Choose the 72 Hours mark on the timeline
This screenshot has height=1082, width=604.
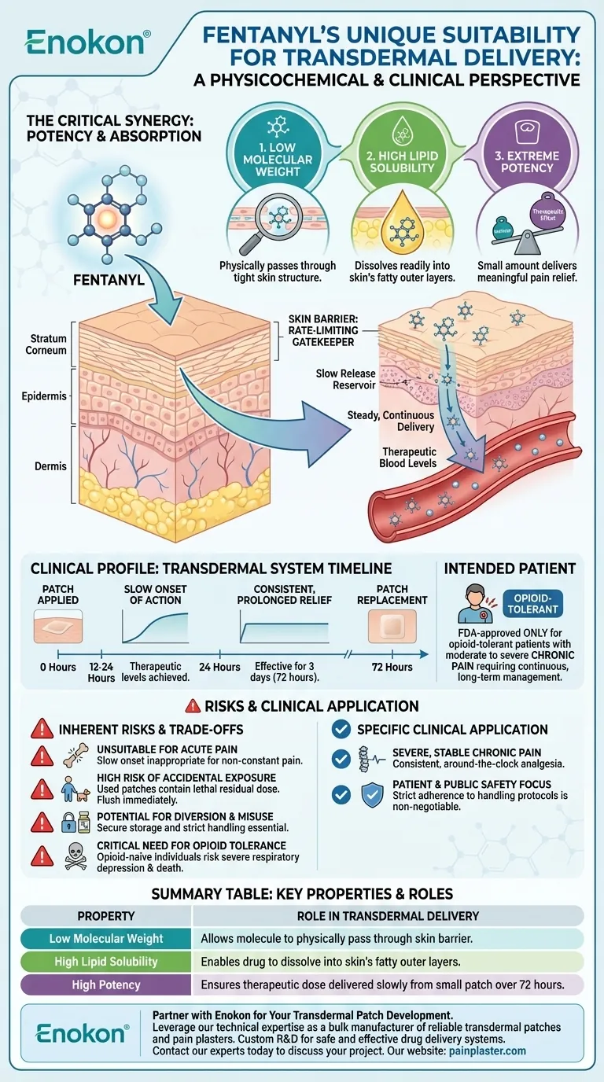coord(392,668)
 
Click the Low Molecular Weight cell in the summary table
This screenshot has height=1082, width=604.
coord(106,938)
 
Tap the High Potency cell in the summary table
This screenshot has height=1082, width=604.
coord(106,984)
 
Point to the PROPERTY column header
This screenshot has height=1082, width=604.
coord(105,916)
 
